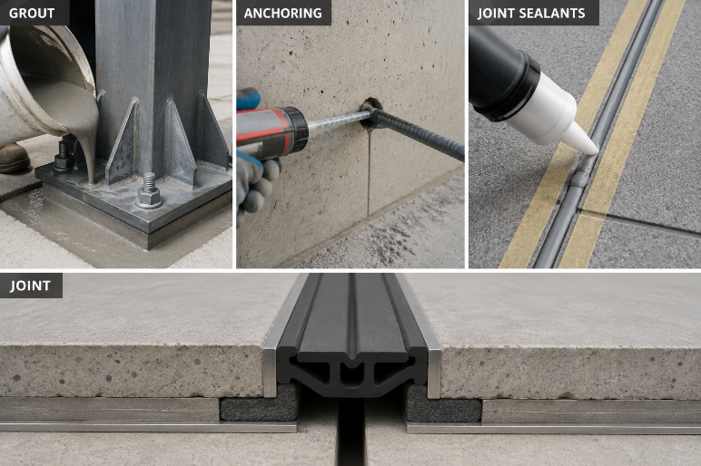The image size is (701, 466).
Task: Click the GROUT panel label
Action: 31,13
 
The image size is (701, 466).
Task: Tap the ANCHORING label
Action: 283,13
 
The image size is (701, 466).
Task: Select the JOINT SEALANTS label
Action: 531,13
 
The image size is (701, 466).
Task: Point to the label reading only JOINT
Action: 30,286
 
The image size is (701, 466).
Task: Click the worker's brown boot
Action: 14,159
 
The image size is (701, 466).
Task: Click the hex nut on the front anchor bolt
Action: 149,197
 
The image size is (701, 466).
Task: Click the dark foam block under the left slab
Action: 260,405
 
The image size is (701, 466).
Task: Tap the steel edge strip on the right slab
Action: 431,353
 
